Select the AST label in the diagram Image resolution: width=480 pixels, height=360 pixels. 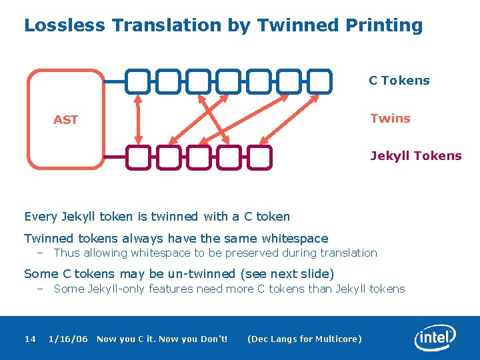tap(65, 120)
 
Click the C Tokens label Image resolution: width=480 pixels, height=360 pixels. tap(399, 81)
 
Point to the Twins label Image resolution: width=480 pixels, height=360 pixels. tap(390, 119)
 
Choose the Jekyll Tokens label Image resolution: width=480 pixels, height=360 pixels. tap(415, 156)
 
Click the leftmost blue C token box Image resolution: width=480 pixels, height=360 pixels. tap(138, 81)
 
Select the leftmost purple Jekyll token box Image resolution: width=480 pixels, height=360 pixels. tap(138, 157)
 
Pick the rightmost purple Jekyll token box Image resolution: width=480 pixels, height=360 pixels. tap(259, 157)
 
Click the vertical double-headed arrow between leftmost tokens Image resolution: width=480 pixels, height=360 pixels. tap(139, 119)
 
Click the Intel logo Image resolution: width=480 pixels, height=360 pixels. tap(435, 338)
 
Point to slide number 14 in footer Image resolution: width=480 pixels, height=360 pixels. tap(30, 339)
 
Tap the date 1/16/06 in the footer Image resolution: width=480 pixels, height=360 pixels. tap(68, 339)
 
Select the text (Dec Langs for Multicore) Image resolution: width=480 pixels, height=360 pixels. tap(304, 339)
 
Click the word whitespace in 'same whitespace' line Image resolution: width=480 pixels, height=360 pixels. tap(295, 239)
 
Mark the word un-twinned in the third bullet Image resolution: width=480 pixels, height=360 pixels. tap(201, 274)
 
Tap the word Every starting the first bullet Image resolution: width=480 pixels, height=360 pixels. tap(41, 217)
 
